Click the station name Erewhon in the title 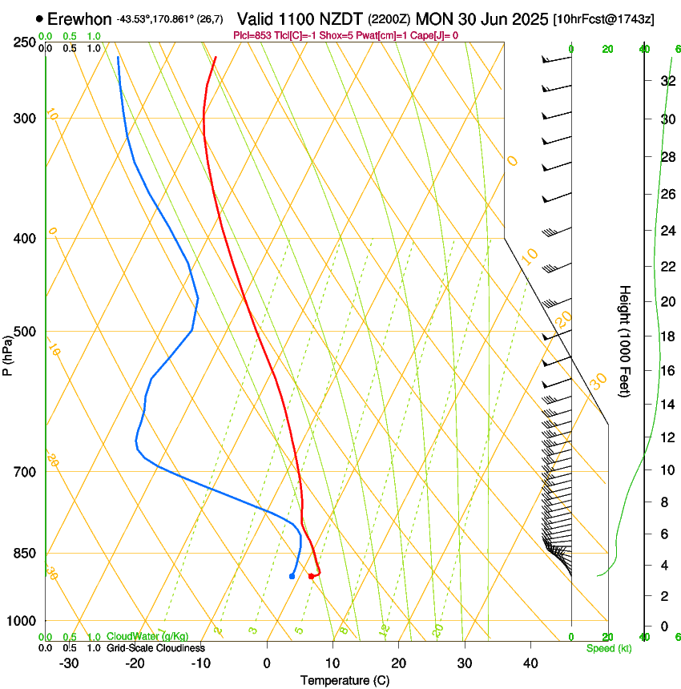tap(79, 18)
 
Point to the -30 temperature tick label tap(69, 663)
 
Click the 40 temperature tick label tap(530, 663)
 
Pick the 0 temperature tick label tap(267, 663)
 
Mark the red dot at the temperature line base tap(311, 576)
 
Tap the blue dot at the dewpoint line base tap(292, 576)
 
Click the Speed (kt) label tap(608, 648)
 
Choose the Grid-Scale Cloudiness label tap(155, 647)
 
